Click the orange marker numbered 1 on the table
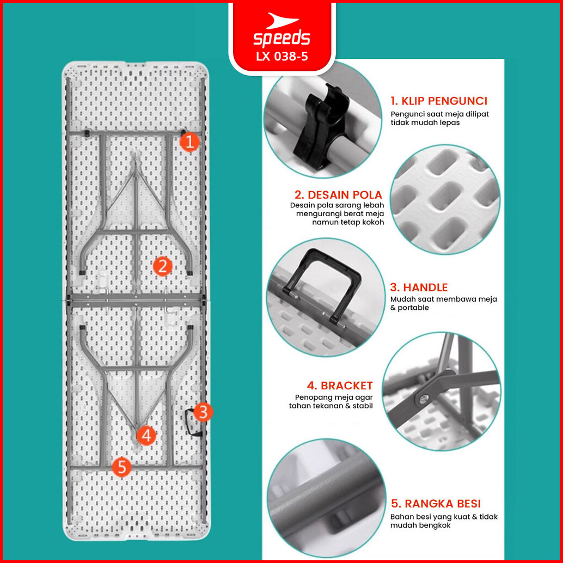point(189,142)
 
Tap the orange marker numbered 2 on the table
point(162,266)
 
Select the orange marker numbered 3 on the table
point(203,412)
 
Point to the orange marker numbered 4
point(146,436)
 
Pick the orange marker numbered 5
point(122,467)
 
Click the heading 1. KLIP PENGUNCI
point(439,101)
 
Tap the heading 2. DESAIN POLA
point(338,194)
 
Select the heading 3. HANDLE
point(419,287)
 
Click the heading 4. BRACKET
point(340,385)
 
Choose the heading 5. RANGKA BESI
point(436,504)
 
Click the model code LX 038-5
point(282,57)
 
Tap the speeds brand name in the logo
point(281,39)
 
